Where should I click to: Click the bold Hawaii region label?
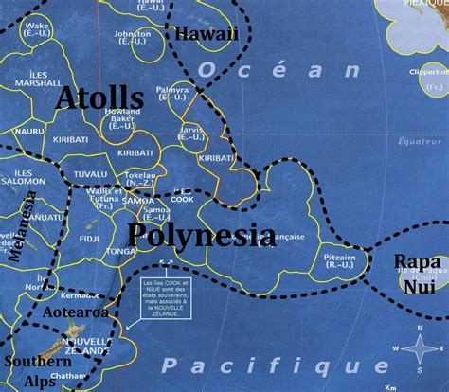pos(205,34)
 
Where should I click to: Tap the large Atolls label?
pos(99,98)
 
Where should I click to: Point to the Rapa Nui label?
pos(417,271)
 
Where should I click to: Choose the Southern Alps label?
pos(36,370)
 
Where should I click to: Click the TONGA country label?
pos(121,252)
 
